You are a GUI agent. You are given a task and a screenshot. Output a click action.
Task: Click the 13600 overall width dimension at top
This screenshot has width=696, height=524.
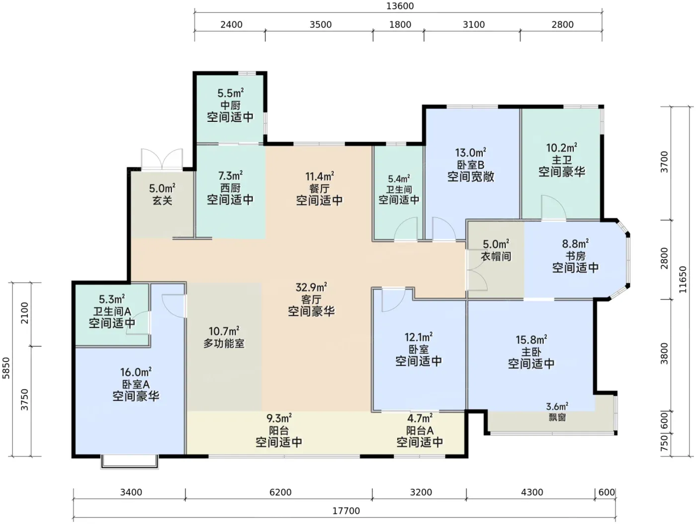pyautogui.click(x=400, y=6)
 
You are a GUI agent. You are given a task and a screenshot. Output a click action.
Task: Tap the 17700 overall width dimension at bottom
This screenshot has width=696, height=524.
pyautogui.click(x=346, y=511)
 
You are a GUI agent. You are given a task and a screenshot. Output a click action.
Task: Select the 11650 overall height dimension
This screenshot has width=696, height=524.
pyautogui.click(x=683, y=279)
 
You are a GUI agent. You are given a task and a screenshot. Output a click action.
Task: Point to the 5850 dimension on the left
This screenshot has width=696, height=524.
pyautogui.click(x=6, y=368)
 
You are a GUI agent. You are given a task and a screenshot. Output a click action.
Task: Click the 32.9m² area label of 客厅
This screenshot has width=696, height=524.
pyautogui.click(x=311, y=287)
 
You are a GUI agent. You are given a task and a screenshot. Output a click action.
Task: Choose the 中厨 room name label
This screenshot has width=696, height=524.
pyautogui.click(x=231, y=105)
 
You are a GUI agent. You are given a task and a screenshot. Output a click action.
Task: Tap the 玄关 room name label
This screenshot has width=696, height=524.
pyautogui.click(x=163, y=201)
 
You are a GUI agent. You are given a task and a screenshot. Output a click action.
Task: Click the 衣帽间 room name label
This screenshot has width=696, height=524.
pyautogui.click(x=496, y=256)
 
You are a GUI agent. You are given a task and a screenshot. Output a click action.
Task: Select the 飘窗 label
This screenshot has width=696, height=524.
pyautogui.click(x=557, y=417)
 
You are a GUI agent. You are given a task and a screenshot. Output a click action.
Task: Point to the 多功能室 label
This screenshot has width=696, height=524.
pyautogui.click(x=224, y=343)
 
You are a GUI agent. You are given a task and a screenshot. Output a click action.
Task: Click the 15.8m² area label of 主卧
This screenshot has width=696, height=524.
pyautogui.click(x=531, y=339)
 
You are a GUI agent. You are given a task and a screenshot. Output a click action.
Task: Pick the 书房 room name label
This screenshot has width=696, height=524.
pyautogui.click(x=576, y=255)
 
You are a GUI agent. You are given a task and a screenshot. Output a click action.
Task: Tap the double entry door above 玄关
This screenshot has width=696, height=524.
pyautogui.click(x=162, y=159)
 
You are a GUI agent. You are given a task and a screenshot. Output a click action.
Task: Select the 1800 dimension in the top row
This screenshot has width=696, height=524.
pyautogui.click(x=400, y=24)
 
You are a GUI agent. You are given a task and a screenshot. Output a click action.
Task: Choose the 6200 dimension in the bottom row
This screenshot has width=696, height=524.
pyautogui.click(x=280, y=492)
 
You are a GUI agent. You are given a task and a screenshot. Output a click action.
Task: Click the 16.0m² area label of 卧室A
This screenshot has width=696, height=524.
pyautogui.click(x=136, y=371)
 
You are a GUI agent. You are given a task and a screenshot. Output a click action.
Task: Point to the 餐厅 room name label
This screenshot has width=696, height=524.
pyautogui.click(x=319, y=189)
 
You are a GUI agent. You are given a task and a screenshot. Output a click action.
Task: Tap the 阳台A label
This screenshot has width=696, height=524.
pyautogui.click(x=420, y=430)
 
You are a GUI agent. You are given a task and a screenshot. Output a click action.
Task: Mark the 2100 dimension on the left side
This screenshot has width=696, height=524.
pyautogui.click(x=24, y=314)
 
